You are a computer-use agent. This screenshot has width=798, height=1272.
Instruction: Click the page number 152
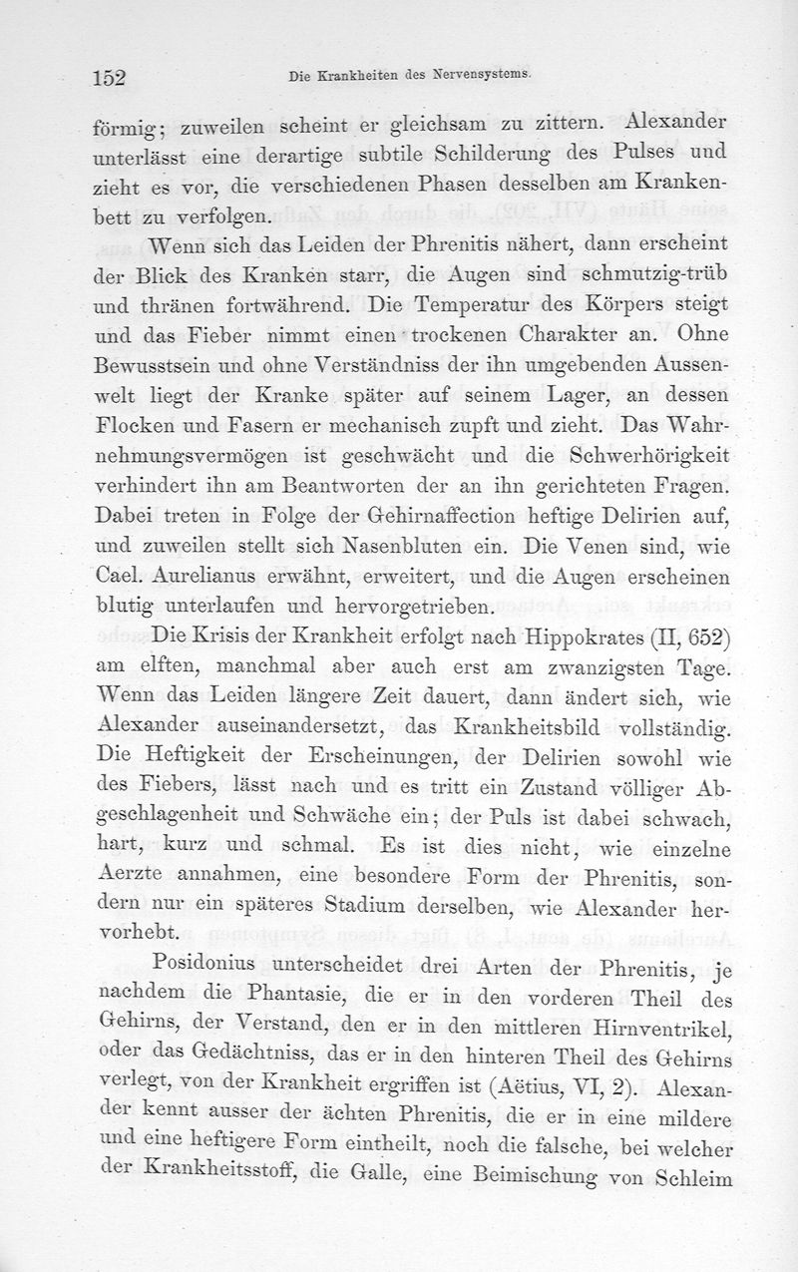pyautogui.click(x=113, y=79)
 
